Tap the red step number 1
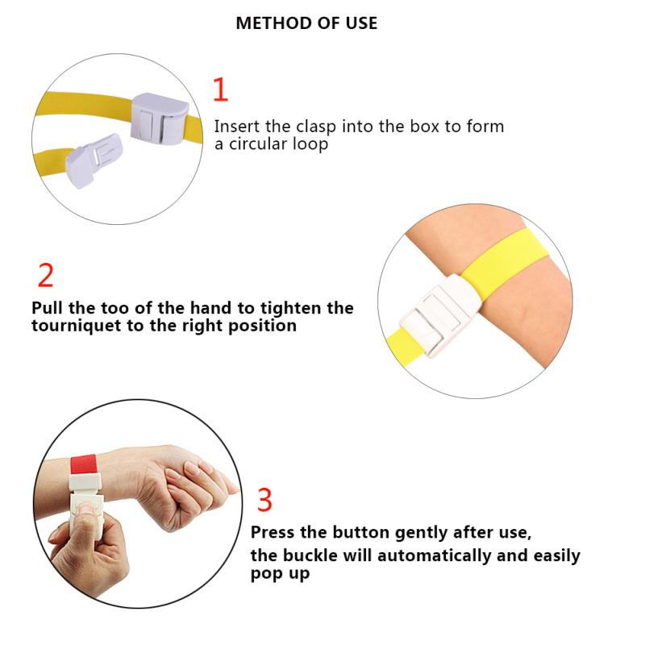click(220, 89)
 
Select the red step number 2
click(46, 275)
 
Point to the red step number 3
click(264, 500)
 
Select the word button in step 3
click(360, 532)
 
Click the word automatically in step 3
click(434, 556)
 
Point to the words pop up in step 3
click(280, 573)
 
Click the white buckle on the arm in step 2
click(440, 315)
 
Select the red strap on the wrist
click(84, 465)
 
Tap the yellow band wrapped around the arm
click(506, 255)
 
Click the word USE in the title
click(361, 23)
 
